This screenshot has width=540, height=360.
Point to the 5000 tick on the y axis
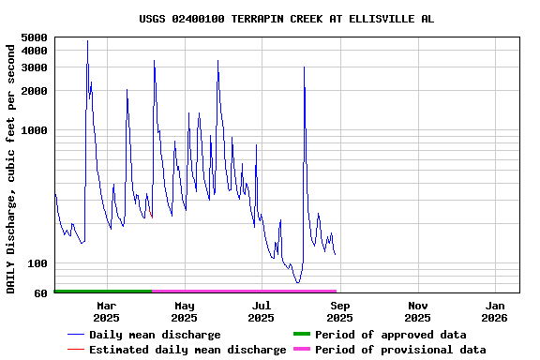pyautogui.click(x=34, y=37)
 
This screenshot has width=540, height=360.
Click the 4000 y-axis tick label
pyautogui.click(x=34, y=51)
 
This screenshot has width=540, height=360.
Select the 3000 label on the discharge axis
pyautogui.click(x=34, y=67)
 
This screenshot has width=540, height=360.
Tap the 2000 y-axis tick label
pyautogui.click(x=34, y=91)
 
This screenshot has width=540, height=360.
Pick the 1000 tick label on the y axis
pyautogui.click(x=34, y=130)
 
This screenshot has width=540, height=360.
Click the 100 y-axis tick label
pyautogui.click(x=37, y=263)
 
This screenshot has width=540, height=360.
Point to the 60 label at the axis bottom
pyautogui.click(x=40, y=293)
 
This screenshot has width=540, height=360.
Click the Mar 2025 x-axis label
pyautogui.click(x=107, y=311)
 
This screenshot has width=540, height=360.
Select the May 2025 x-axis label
pyautogui.click(x=185, y=311)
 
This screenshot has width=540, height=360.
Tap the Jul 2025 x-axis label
pyautogui.click(x=262, y=311)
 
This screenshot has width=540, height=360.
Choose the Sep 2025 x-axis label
pyautogui.click(x=340, y=311)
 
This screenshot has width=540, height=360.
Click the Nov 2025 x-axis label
pyautogui.click(x=418, y=311)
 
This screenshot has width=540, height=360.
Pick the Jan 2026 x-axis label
pyautogui.click(x=496, y=311)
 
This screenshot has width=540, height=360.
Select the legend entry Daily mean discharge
pyautogui.click(x=155, y=335)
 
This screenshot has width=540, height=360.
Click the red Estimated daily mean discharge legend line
pyautogui.click(x=76, y=350)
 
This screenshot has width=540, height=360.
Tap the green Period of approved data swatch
pyautogui.click(x=301, y=335)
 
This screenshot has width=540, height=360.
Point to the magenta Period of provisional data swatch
pyautogui.click(x=301, y=350)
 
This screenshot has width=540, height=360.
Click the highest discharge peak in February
pyautogui.click(x=87, y=40)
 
